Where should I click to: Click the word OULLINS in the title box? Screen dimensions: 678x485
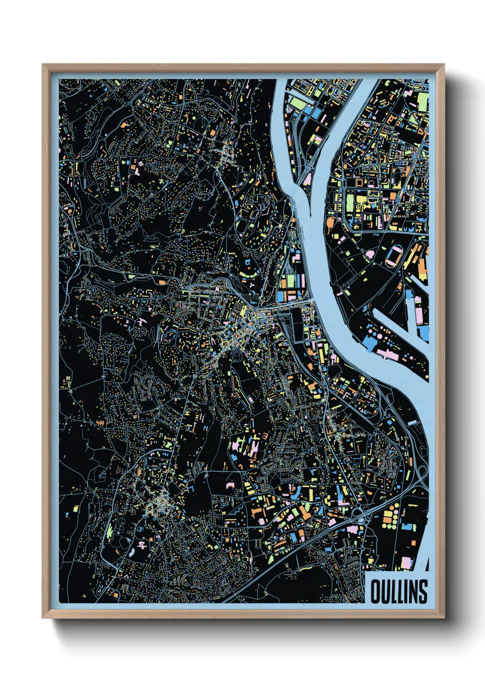click(x=399, y=591)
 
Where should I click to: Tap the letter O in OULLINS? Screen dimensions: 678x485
click(x=375, y=591)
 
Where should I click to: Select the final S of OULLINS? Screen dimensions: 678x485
click(x=423, y=591)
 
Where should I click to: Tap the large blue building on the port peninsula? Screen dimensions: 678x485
click(x=369, y=344)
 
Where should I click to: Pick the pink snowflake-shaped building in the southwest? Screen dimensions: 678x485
click(x=143, y=545)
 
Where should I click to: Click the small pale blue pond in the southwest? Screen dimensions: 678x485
click(x=132, y=552)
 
